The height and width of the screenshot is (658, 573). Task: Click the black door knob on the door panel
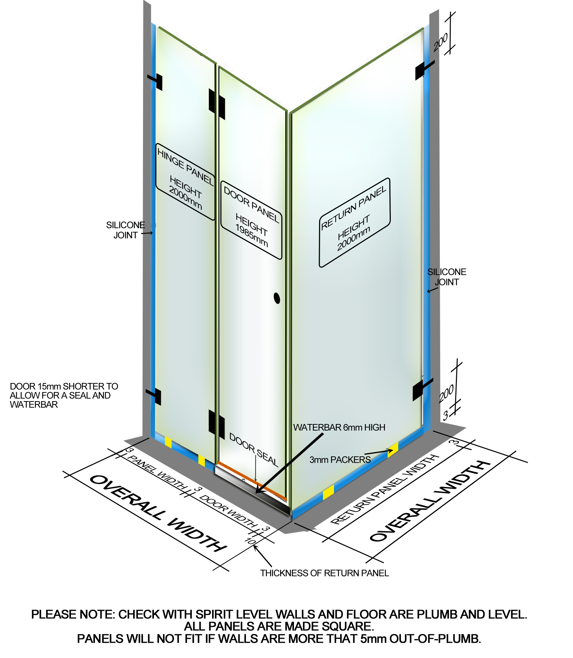[277, 298]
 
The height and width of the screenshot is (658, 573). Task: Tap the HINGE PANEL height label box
[185, 182]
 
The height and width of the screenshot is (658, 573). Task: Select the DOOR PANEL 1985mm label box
[251, 220]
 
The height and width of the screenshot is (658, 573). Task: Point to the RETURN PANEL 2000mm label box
[354, 222]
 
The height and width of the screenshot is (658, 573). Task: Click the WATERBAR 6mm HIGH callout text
[339, 427]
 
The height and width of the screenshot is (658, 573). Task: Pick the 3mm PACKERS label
[340, 460]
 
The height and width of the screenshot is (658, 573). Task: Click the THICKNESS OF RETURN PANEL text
[324, 573]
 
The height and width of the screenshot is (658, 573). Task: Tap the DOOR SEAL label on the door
[254, 449]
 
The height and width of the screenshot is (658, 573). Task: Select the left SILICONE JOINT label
[126, 230]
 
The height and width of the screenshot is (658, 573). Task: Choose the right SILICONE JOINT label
[447, 277]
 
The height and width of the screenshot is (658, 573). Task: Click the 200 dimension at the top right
[441, 42]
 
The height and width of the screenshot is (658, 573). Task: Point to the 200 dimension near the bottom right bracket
[446, 393]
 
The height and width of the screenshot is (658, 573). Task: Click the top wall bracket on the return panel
[423, 70]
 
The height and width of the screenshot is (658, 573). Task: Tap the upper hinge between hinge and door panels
[217, 103]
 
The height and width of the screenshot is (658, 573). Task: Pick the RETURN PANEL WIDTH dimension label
[385, 489]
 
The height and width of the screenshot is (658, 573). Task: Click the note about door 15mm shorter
[64, 395]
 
